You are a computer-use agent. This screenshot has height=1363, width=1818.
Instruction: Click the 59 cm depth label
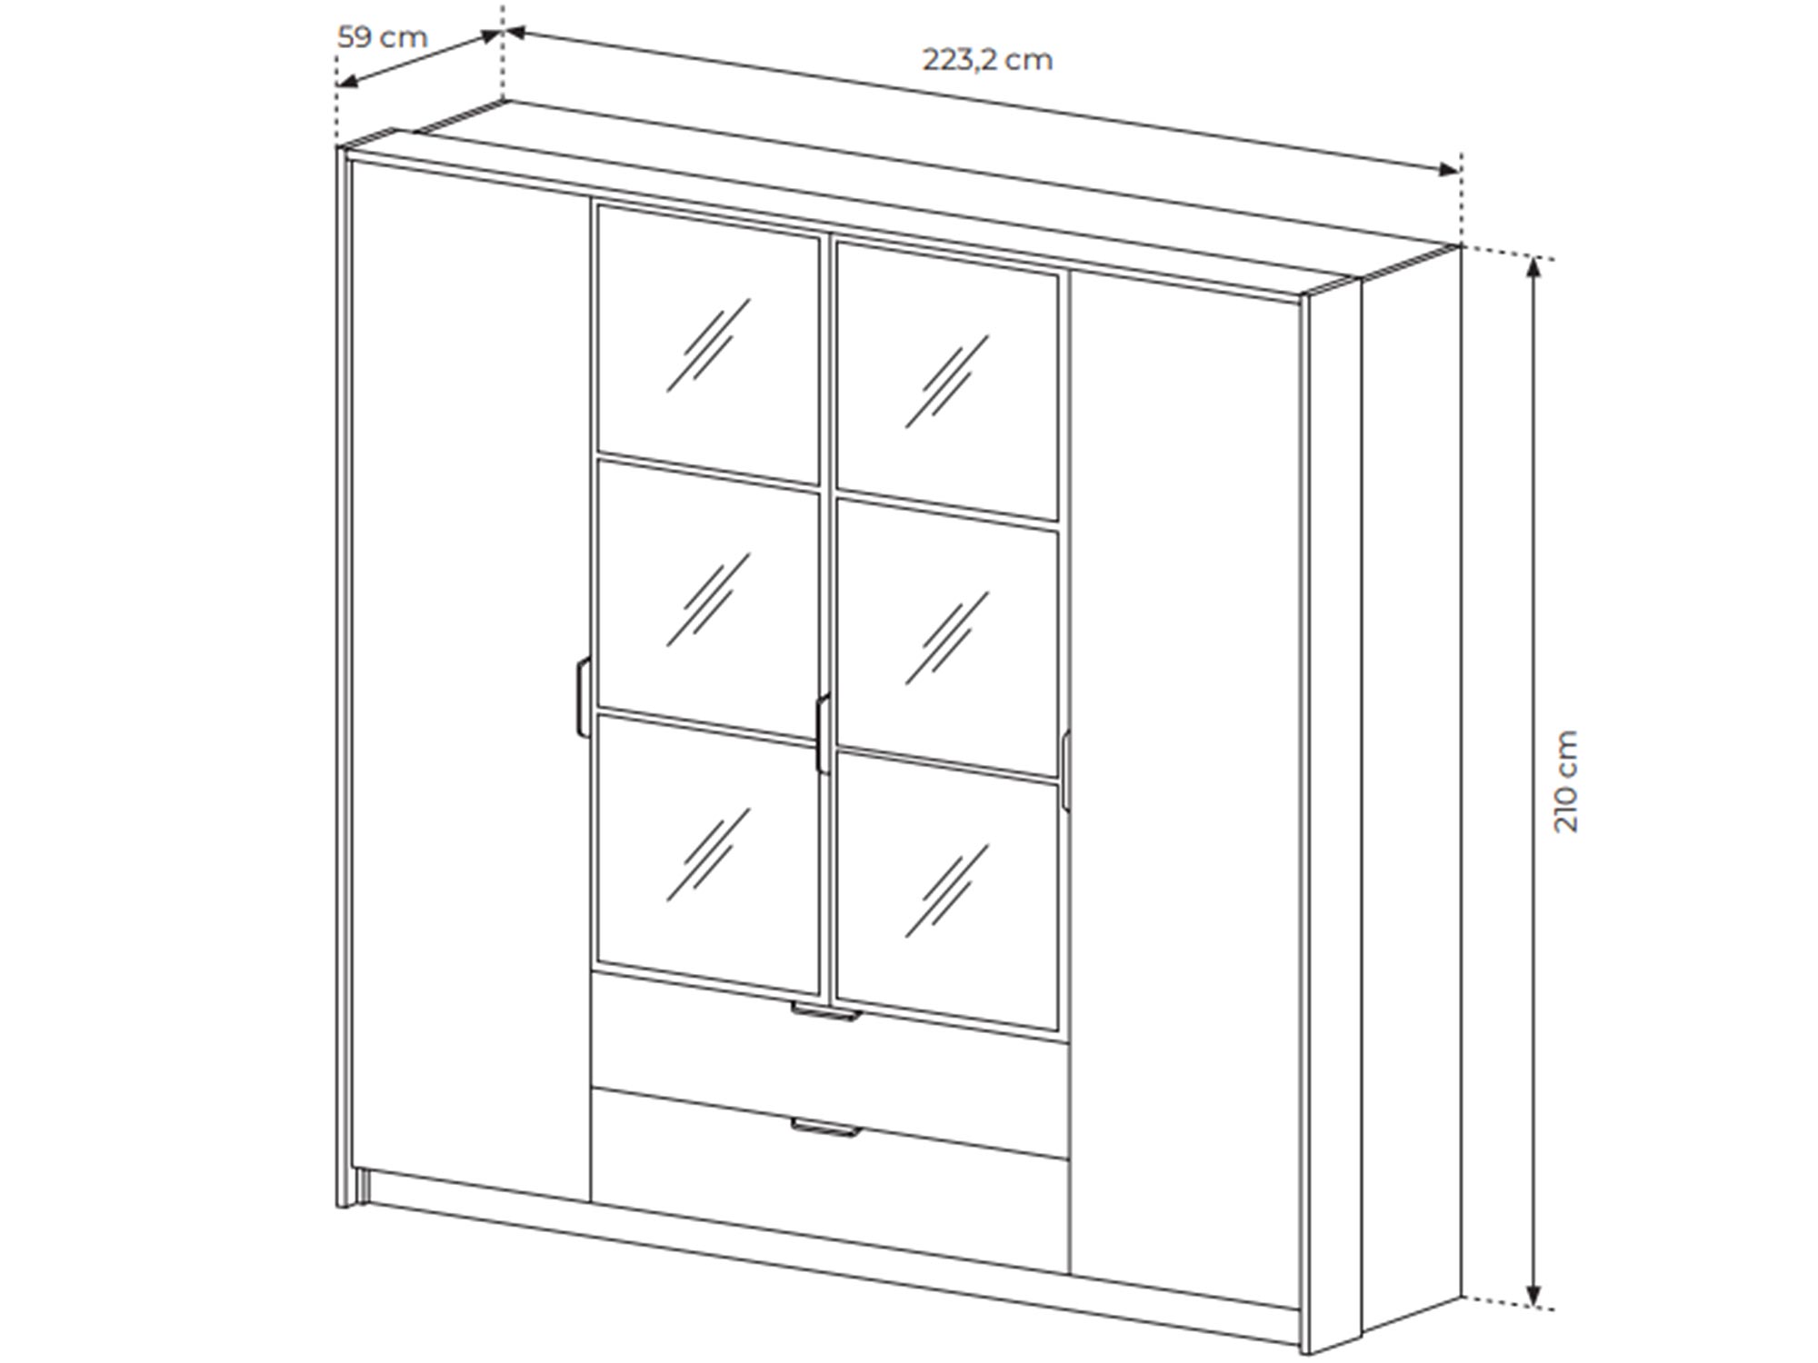click(x=383, y=38)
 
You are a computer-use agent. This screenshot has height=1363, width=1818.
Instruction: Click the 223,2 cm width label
click(x=988, y=60)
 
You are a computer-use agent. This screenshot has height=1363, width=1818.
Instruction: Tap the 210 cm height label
click(x=1566, y=781)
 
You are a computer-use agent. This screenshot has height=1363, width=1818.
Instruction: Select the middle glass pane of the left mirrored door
click(x=708, y=599)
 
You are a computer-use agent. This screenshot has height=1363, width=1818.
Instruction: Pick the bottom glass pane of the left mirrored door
click(x=708, y=853)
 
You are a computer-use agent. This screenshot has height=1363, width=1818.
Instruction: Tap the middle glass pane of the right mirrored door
click(x=947, y=635)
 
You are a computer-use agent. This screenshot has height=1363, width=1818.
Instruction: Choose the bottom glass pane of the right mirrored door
click(x=947, y=890)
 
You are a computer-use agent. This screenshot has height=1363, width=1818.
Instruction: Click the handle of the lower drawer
click(x=824, y=1129)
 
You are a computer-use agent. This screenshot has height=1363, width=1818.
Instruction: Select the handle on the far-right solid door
click(x=1064, y=768)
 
